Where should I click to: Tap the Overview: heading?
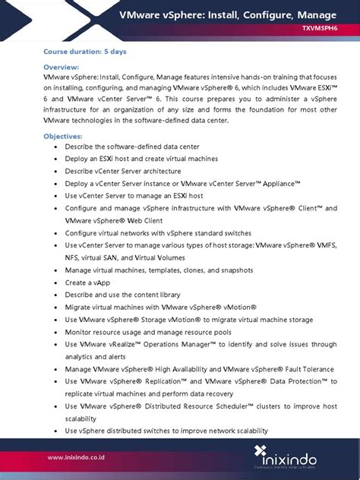click(x=62, y=67)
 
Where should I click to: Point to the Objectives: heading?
click(x=63, y=135)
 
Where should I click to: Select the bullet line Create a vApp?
click(x=87, y=283)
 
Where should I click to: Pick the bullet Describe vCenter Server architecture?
click(x=123, y=171)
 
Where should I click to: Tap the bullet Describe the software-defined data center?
click(x=134, y=147)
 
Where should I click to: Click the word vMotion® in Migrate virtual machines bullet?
click(x=233, y=307)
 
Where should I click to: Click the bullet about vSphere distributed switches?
click(x=166, y=431)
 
